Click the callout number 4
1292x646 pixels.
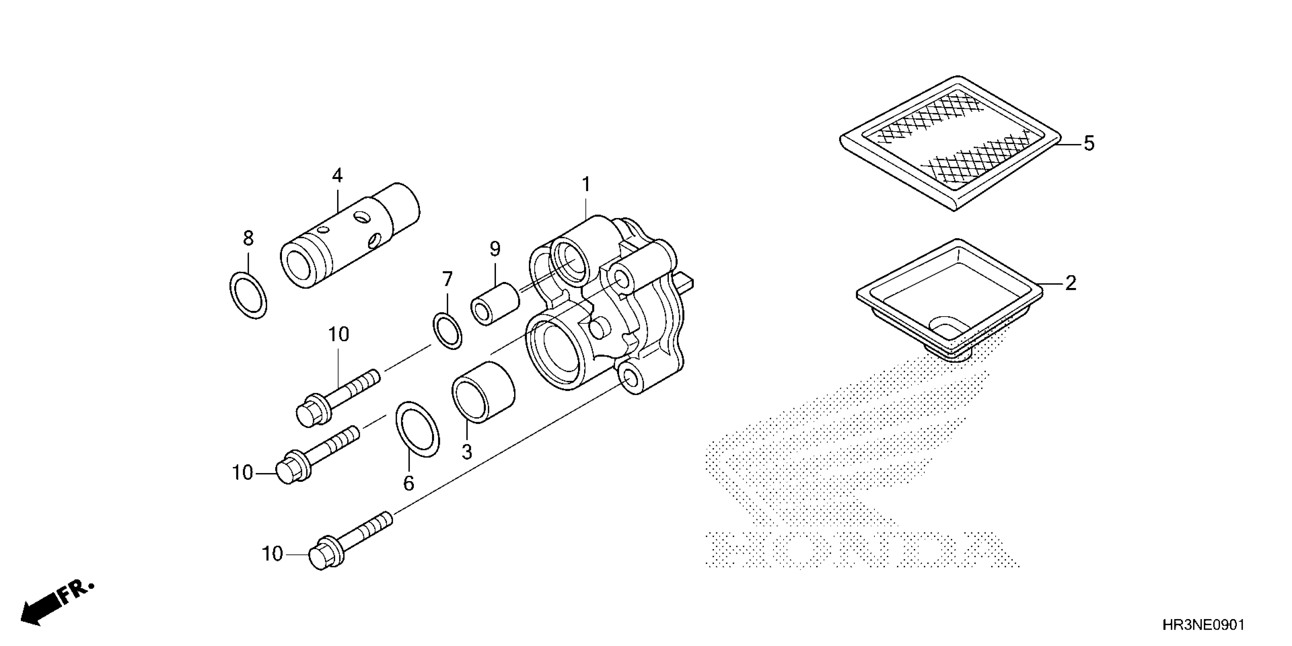click(337, 176)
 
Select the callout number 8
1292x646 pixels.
click(248, 238)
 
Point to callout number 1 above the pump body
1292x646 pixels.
click(586, 185)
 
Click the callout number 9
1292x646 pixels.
click(495, 249)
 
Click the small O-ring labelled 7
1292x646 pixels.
click(447, 331)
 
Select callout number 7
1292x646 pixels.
click(447, 279)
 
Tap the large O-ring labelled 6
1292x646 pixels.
click(417, 429)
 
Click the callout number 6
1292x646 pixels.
click(409, 483)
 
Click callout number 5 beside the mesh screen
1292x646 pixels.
click(1089, 144)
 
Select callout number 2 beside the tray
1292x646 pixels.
click(1070, 284)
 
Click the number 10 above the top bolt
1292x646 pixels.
click(339, 334)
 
